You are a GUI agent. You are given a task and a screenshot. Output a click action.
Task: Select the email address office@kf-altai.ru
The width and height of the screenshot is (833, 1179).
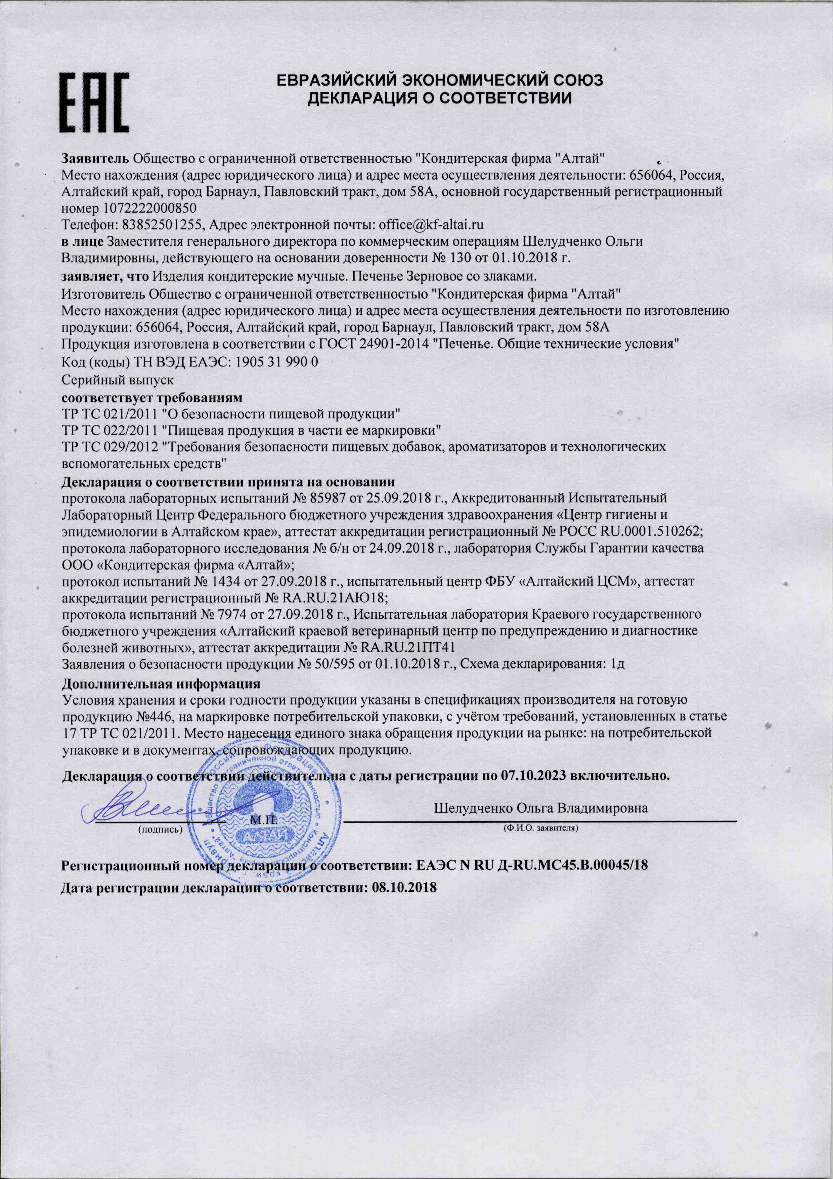[x=431, y=224]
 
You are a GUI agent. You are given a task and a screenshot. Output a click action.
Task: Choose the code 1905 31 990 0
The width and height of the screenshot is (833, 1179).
[x=276, y=362]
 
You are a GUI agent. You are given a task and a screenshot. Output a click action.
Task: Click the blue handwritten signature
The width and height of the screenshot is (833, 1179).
[x=140, y=810]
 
